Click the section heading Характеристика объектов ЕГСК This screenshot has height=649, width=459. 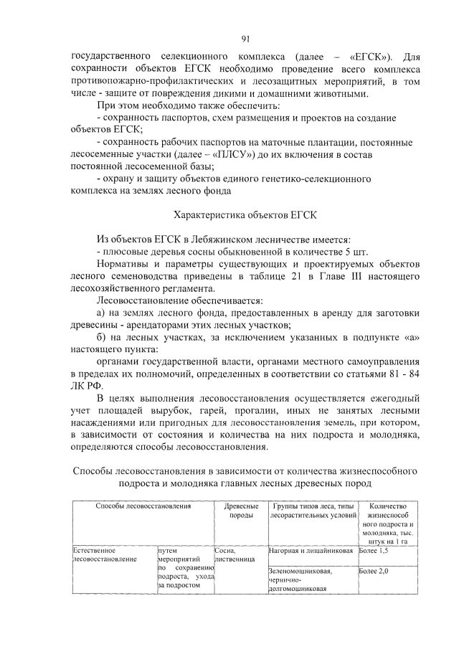point(245,214)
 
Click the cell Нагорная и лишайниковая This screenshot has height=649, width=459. point(311,551)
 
